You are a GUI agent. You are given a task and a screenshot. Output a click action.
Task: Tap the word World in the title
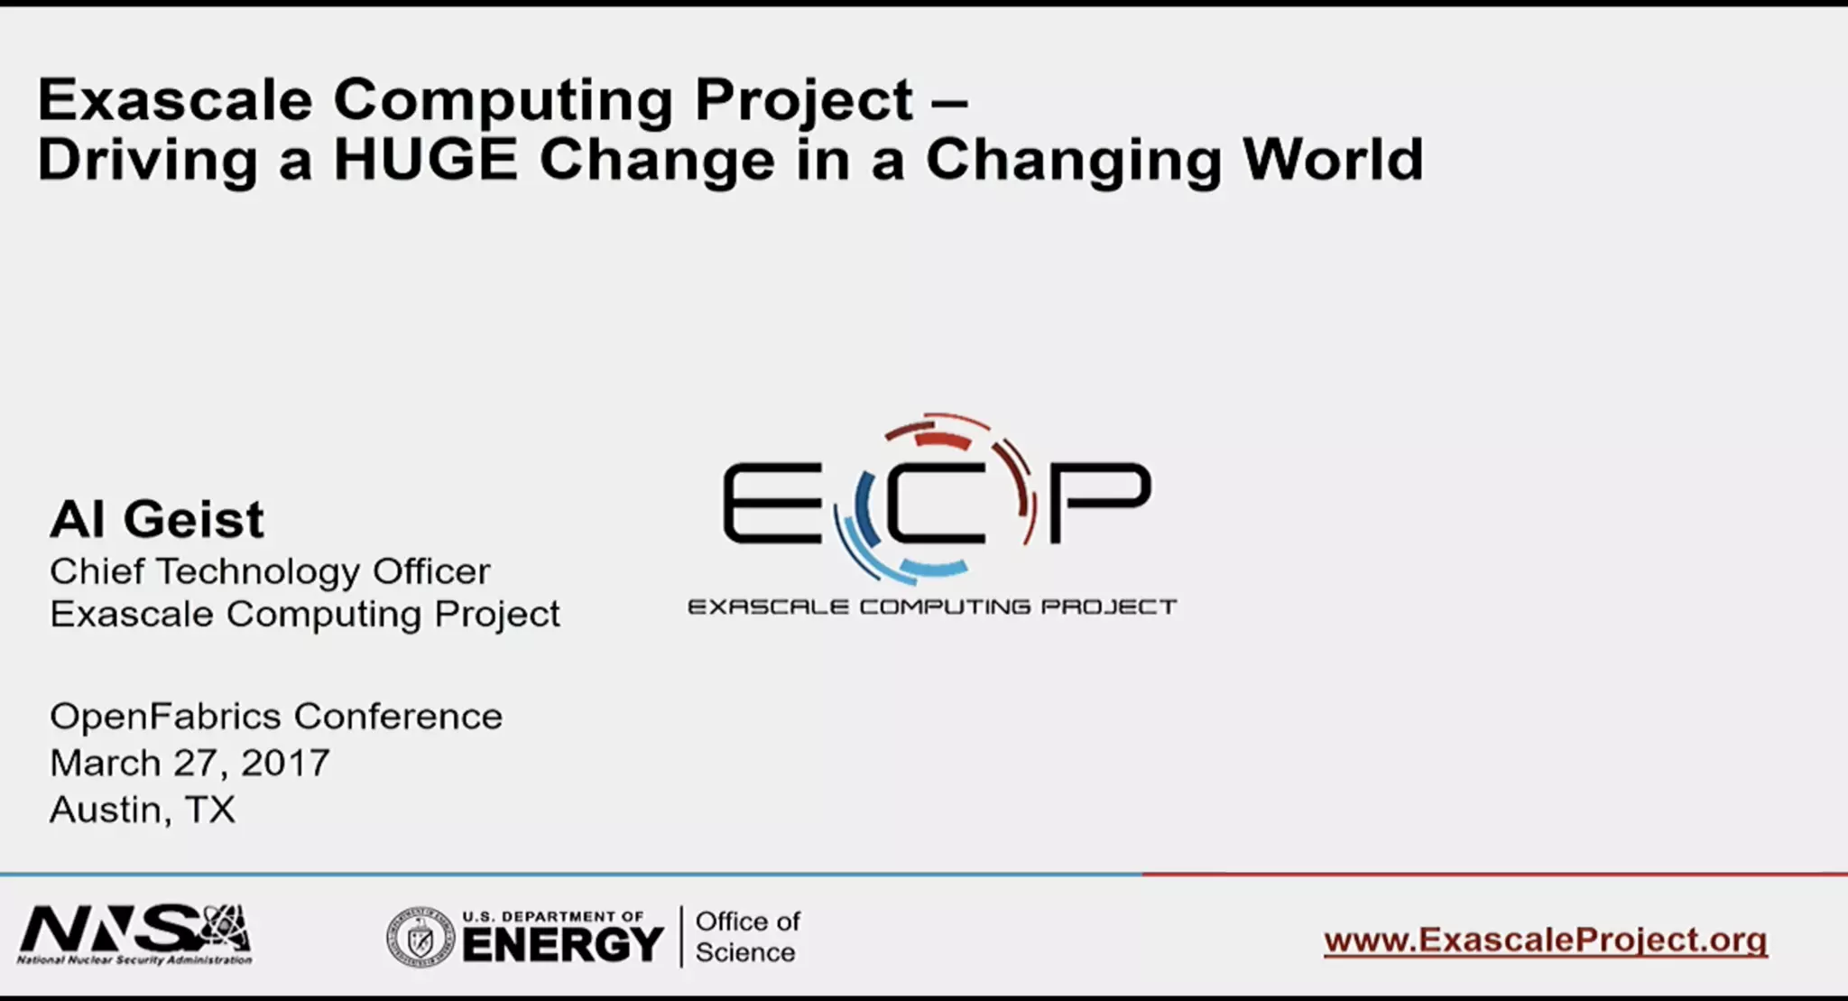[x=1333, y=160]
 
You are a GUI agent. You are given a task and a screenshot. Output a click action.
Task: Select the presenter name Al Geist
[x=157, y=520]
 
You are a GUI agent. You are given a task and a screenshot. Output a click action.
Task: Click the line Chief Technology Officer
[x=270, y=571]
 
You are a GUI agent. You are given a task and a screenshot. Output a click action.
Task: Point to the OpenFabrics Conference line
[x=276, y=717]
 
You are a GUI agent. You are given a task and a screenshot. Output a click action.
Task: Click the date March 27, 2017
[x=189, y=764]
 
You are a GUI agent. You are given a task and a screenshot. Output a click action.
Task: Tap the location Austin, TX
[x=143, y=810]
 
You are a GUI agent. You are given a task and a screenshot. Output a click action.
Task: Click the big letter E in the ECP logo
[x=772, y=503]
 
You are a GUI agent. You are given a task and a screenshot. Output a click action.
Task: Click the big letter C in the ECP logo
[x=934, y=503]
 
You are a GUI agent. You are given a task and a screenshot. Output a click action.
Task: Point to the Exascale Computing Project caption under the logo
[x=932, y=607]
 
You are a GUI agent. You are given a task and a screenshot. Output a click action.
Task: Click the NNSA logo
[x=135, y=935]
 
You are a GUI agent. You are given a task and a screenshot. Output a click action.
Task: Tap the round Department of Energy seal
[x=420, y=938]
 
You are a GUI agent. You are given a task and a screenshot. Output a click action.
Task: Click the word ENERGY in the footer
[x=564, y=946]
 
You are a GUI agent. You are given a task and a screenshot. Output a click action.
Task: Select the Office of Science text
[x=747, y=937]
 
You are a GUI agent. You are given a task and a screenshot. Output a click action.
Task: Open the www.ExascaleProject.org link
[x=1545, y=941]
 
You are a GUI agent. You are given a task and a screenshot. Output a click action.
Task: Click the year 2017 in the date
[x=285, y=764]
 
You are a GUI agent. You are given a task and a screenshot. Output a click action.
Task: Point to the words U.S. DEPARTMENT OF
[x=553, y=917]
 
